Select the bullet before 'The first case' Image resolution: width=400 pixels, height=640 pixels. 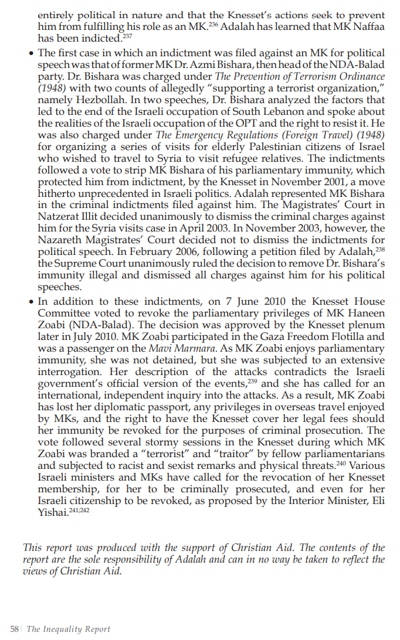[x=31, y=53]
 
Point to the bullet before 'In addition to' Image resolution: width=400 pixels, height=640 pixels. [x=31, y=302]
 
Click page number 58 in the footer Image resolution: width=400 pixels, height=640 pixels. [x=15, y=629]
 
